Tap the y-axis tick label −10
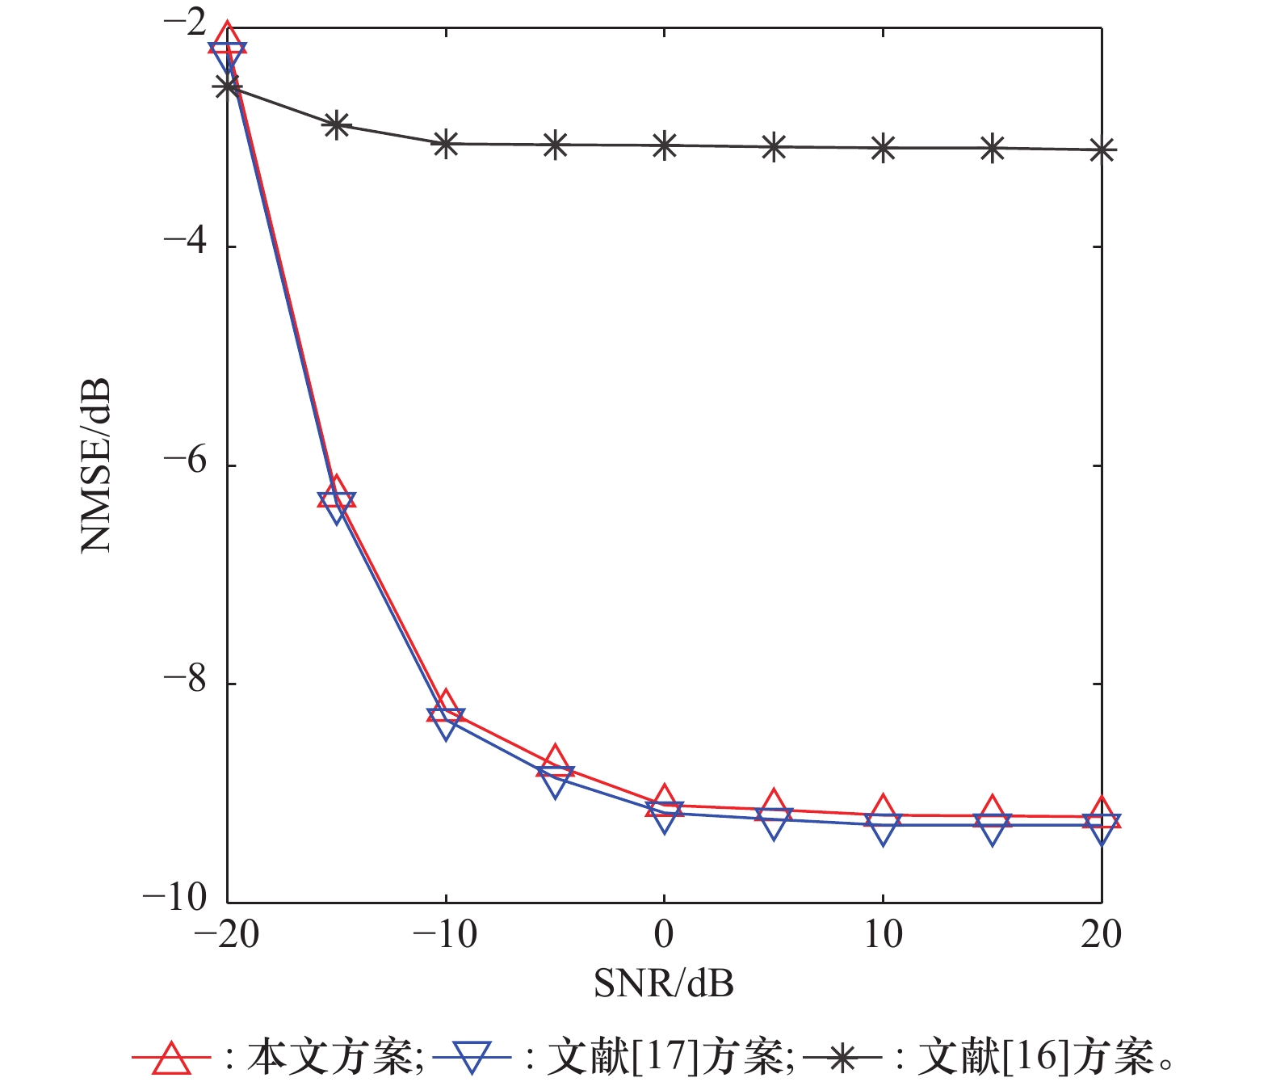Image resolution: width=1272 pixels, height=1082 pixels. point(174,898)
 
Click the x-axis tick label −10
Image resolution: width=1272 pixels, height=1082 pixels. point(445,935)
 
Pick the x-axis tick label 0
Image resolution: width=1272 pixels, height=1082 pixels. point(664,935)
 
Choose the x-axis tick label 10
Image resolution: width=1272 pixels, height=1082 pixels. point(883,935)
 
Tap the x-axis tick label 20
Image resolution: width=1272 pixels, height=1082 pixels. point(1102,935)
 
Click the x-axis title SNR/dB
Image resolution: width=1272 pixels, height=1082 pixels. point(664,983)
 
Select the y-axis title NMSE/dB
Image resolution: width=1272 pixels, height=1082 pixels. point(95,465)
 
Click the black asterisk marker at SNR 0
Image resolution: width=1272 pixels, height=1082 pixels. point(664,145)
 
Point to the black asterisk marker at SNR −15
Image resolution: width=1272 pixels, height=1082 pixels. point(336,124)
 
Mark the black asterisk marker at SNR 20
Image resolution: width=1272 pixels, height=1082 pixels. point(1102,150)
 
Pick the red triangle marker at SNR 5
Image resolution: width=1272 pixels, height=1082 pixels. point(774,804)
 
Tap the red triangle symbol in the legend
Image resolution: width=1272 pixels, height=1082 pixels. point(171,1057)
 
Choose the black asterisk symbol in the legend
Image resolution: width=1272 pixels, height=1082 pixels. point(842,1057)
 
